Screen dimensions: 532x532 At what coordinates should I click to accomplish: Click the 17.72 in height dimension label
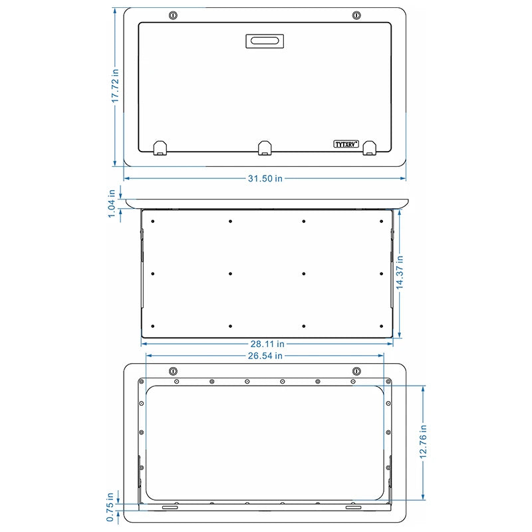tap(115, 86)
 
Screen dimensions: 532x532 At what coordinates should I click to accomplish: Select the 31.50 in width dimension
tap(265, 178)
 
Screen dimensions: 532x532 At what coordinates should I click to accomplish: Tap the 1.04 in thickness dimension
tap(112, 203)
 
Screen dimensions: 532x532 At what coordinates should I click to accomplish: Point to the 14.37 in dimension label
tap(400, 273)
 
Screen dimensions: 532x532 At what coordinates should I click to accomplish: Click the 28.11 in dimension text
tap(267, 344)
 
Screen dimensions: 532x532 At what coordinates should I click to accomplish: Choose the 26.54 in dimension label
tap(265, 356)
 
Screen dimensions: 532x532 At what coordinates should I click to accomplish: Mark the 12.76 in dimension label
tap(423, 442)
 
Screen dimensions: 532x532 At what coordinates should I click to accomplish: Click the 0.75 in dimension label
tap(110, 507)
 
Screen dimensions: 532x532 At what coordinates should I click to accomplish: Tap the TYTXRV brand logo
tap(346, 144)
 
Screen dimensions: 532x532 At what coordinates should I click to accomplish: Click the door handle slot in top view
tap(265, 41)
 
